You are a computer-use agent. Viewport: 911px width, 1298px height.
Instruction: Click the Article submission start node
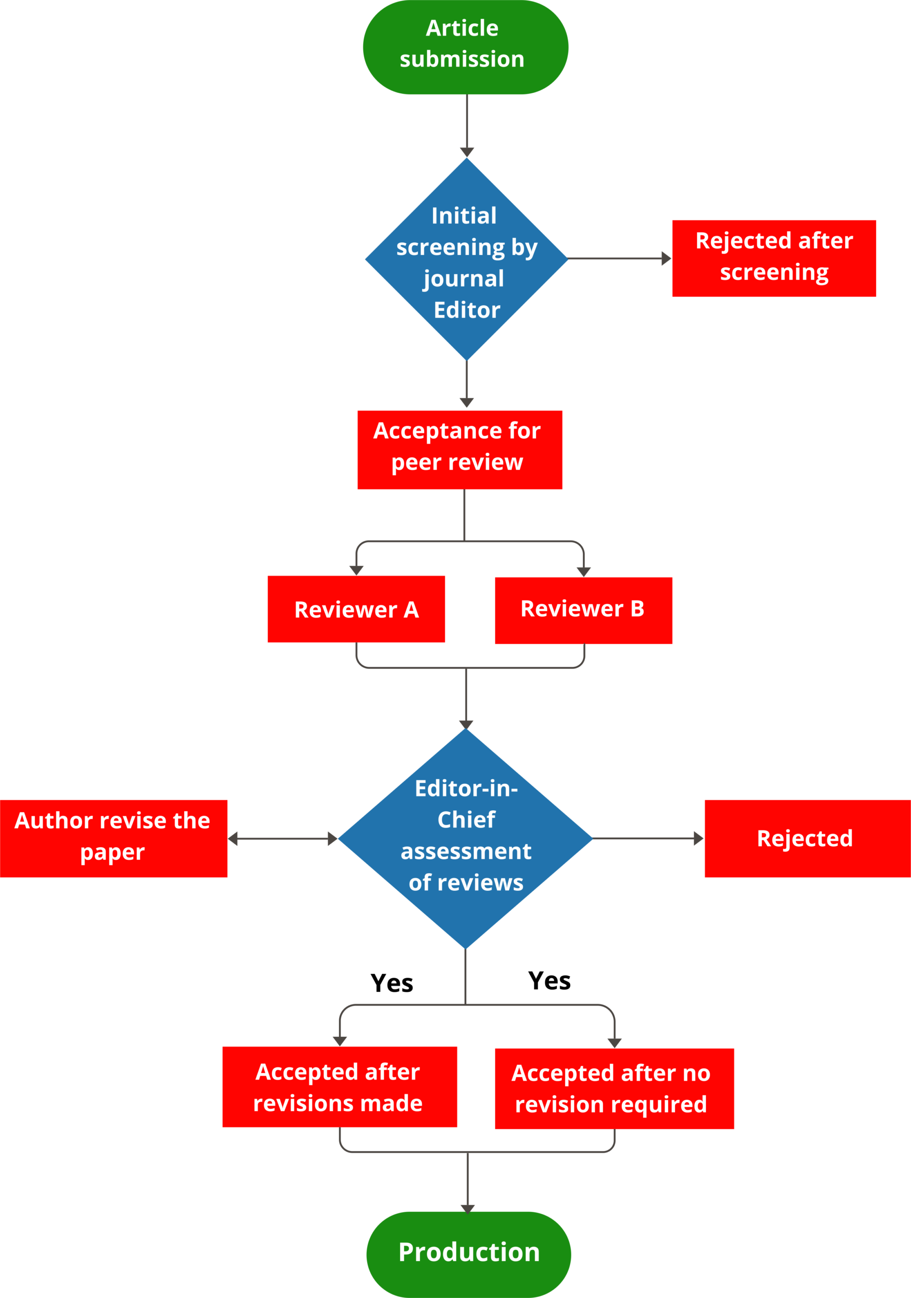(466, 47)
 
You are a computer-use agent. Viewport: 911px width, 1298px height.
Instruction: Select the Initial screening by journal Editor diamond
(467, 259)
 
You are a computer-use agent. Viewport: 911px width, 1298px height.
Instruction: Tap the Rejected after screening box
(774, 259)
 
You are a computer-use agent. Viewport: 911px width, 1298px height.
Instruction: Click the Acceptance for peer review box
(460, 449)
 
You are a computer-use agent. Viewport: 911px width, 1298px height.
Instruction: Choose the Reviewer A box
(356, 609)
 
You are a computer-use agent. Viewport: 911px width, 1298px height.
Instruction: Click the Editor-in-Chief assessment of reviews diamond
(466, 839)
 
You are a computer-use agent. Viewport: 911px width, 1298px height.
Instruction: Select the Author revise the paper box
(114, 839)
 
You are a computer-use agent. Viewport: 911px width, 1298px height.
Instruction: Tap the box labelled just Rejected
(808, 839)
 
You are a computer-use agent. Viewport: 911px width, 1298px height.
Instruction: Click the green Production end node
(469, 1254)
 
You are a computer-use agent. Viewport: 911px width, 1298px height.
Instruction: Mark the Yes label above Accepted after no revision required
(550, 981)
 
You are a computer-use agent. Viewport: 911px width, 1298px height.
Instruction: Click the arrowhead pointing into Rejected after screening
(666, 259)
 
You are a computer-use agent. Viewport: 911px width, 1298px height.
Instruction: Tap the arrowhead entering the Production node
(468, 1209)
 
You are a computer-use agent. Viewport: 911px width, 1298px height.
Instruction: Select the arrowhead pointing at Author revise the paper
(232, 839)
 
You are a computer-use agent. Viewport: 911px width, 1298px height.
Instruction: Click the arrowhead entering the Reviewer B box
(584, 571)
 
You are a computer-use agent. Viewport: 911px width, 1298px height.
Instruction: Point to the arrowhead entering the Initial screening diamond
(467, 152)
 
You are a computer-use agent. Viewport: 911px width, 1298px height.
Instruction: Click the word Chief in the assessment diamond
(467, 819)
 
